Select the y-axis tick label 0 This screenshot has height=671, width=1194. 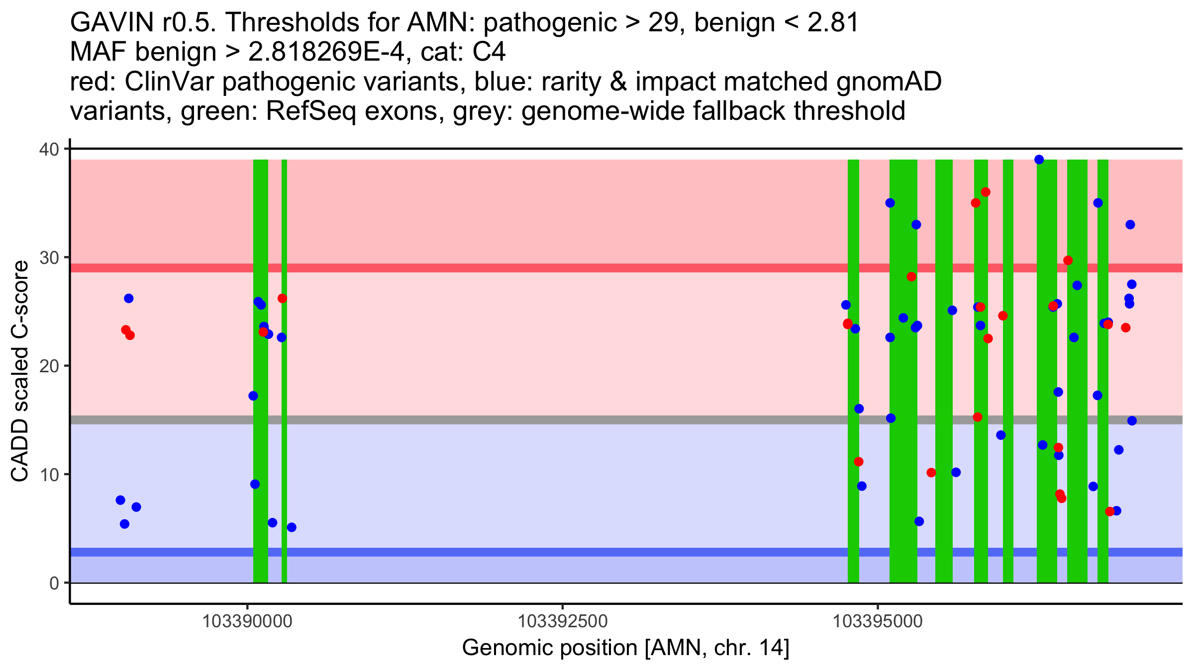tap(54, 583)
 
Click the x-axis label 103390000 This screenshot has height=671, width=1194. tap(247, 621)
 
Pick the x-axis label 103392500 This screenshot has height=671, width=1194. tap(563, 621)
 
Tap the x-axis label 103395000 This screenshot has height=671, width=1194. tap(878, 621)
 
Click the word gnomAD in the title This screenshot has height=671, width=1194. tap(889, 82)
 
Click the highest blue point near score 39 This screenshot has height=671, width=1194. tap(1039, 160)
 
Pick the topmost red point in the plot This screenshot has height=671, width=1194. tap(985, 192)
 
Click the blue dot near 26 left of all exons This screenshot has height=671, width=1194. tap(128, 298)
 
